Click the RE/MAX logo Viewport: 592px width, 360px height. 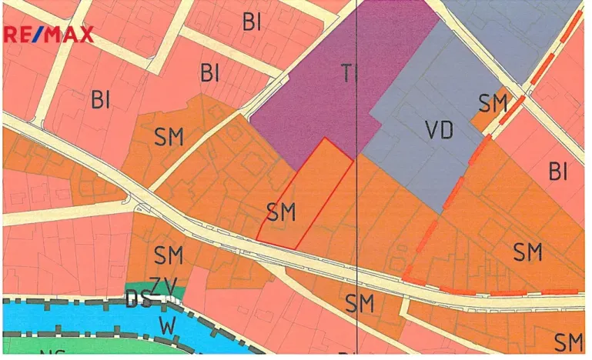coord(49,35)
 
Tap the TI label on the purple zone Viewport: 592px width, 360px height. coord(350,74)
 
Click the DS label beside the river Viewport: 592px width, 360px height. coord(137,300)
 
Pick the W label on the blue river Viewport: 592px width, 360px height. coord(167,325)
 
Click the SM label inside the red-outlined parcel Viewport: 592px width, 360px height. coord(281,212)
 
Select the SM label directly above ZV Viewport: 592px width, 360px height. coord(169,255)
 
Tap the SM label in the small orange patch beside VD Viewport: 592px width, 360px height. coord(493,103)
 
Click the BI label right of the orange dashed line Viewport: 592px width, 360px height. coord(558,172)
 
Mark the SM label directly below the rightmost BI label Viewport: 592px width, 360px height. coord(528,252)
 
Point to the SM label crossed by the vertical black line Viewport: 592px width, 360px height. coord(360,303)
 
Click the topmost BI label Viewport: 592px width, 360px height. coord(252,22)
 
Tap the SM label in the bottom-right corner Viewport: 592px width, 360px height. coord(570,342)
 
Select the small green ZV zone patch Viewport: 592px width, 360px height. coord(155,288)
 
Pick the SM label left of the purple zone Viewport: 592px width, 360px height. coord(169,138)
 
